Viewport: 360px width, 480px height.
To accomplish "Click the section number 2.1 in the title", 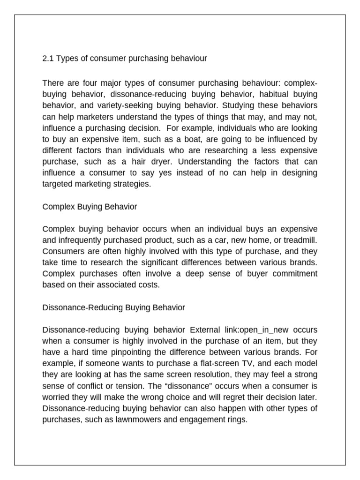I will click(48, 59).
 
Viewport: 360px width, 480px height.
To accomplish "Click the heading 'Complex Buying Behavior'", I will click(90, 206).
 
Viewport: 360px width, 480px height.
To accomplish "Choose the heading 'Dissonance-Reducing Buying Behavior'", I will click(113, 307).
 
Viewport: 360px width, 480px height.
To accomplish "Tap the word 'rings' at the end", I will click(237, 420).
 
